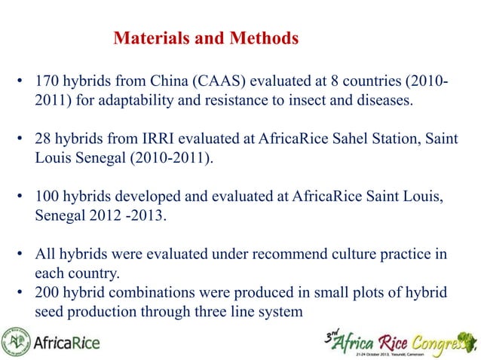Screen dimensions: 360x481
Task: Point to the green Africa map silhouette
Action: pyautogui.click(x=465, y=339)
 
